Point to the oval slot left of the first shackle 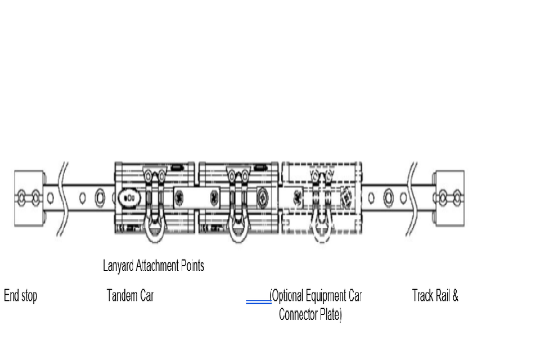click(x=129, y=199)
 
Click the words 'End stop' click(x=21, y=296)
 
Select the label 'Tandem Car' click(x=130, y=296)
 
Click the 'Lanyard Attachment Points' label click(x=154, y=266)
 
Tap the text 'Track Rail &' click(x=435, y=296)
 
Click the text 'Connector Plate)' click(x=310, y=315)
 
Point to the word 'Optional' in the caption click(x=288, y=296)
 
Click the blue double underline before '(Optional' click(x=258, y=302)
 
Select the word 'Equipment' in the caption click(x=326, y=296)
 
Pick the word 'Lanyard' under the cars click(x=116, y=266)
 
